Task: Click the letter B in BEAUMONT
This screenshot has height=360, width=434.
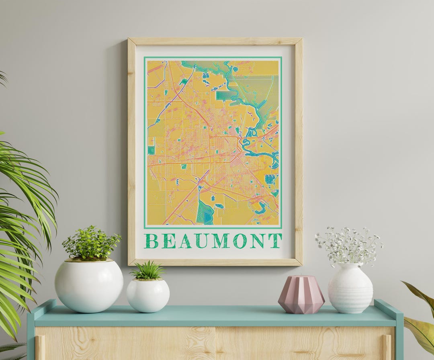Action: pos(151,241)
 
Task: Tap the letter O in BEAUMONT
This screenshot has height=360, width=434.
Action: pos(240,241)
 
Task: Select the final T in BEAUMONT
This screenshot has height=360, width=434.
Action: pos(275,241)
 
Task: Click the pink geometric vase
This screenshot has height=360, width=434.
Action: pos(301,294)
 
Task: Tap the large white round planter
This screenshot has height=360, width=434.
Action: pos(89,286)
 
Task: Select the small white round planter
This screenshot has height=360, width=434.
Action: pos(148,295)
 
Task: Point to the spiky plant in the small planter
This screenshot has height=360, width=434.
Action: pos(148,271)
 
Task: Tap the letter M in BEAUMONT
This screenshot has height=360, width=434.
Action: pos(221,241)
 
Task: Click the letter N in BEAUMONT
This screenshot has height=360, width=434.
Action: pos(258,241)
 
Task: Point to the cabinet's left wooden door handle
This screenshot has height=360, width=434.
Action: pos(40,348)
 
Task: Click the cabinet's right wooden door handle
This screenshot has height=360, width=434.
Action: pos(387,348)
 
